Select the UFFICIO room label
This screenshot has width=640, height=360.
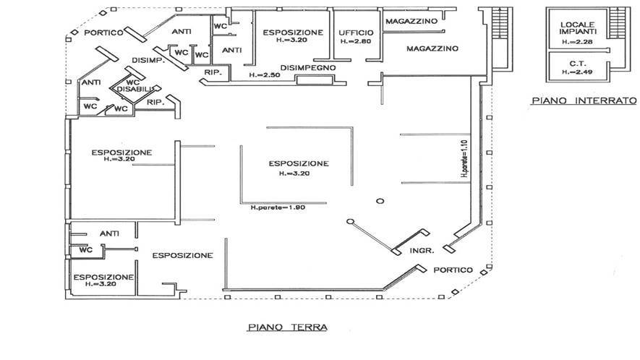pos(356,33)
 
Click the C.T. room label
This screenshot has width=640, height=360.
pos(576,64)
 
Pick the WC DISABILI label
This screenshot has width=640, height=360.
pos(132,86)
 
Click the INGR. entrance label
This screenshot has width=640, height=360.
pos(422,251)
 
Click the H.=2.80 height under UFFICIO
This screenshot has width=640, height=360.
pos(354,42)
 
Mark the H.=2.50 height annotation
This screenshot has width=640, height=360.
pos(263,74)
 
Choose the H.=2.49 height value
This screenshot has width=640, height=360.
pos(577,72)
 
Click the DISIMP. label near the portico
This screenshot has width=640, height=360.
pos(148,60)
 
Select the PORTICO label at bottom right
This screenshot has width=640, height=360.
pos(453,270)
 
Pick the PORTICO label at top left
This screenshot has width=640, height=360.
pos(101,33)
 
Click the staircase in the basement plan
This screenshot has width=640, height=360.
pos(617,26)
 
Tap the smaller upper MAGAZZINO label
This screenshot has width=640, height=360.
pos(411,22)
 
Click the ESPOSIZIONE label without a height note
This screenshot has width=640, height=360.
pos(182,255)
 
